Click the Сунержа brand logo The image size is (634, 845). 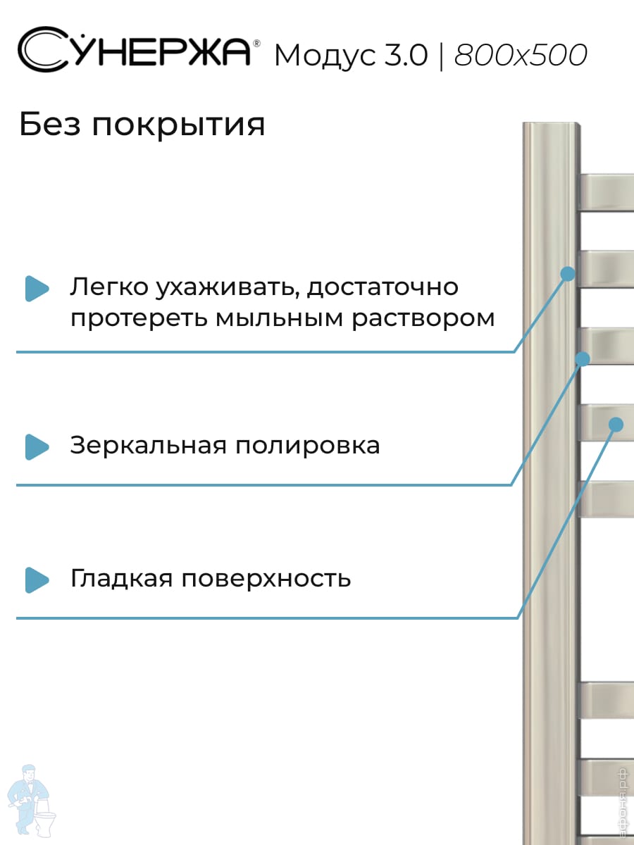[134, 50]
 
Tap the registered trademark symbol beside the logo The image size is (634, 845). [256, 44]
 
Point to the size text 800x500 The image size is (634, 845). [521, 55]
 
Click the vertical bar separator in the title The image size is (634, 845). [441, 56]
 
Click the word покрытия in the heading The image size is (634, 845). [179, 126]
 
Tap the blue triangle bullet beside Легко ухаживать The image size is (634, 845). [37, 288]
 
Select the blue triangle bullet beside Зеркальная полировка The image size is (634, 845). [37, 447]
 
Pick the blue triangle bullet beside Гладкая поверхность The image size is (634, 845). [37, 580]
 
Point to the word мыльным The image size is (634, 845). [279, 319]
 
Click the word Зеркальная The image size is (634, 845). [148, 446]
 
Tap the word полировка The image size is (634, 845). [308, 446]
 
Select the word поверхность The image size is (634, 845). [266, 579]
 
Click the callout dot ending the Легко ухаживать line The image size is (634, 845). [568, 274]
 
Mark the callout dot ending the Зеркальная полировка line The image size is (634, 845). [583, 359]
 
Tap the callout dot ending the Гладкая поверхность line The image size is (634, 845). [616, 425]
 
